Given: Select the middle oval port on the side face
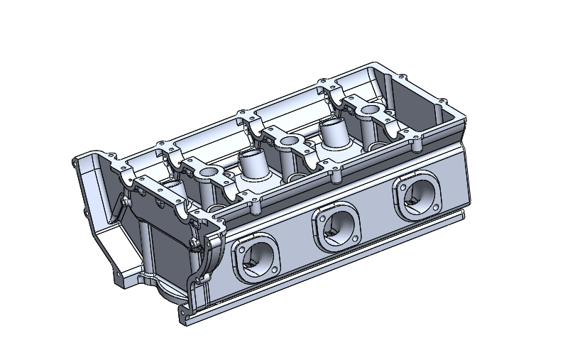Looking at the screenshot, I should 337,227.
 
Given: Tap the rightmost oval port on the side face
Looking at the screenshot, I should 417,195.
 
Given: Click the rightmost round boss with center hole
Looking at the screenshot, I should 370,111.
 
